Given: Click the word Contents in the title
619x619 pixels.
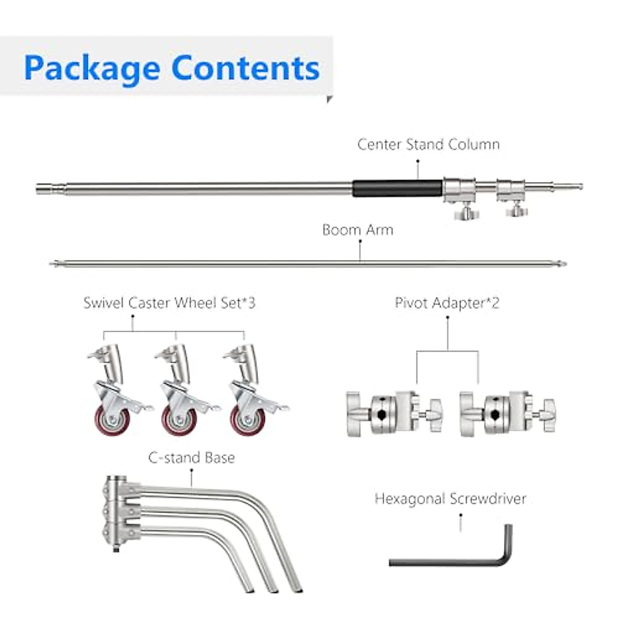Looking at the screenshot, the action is (x=246, y=68).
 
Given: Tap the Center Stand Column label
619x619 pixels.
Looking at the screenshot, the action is (x=428, y=144).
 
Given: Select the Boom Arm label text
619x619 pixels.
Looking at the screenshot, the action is (x=357, y=230).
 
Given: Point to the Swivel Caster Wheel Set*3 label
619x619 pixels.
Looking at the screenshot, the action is (x=169, y=303).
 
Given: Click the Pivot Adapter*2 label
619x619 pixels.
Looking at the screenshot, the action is (x=447, y=303).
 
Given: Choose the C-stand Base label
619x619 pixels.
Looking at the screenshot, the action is (x=191, y=458).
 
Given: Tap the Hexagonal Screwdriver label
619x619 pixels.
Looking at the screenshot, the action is (x=450, y=499).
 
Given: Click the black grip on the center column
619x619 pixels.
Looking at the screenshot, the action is (x=397, y=188).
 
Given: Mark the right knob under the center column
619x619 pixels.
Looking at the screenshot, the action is (x=515, y=209).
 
